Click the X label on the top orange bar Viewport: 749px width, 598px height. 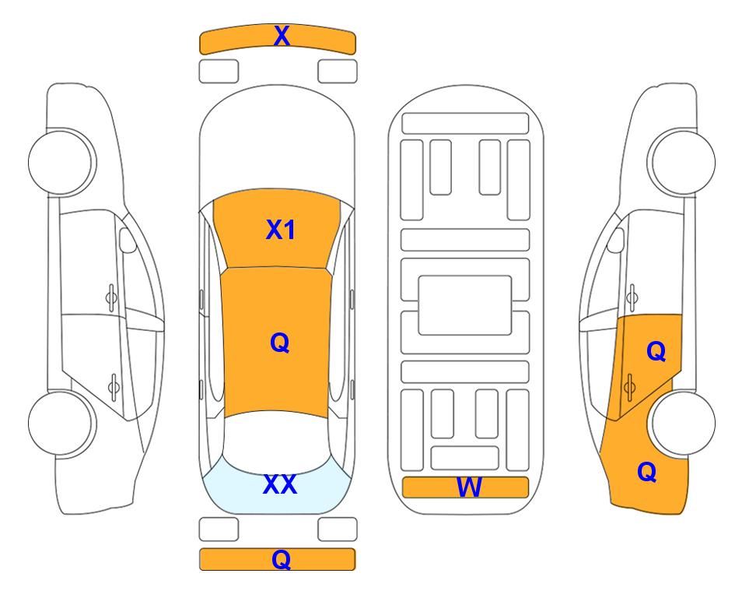coord(282,36)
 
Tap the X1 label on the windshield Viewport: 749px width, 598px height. coord(281,230)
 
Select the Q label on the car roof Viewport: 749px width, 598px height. coord(280,343)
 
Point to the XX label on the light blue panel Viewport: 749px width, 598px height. coord(280,484)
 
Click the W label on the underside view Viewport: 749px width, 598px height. coord(469,487)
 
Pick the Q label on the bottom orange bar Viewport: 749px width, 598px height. coord(282,559)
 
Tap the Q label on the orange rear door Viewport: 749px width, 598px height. coord(656,351)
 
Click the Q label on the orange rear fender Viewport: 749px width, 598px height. coord(647,472)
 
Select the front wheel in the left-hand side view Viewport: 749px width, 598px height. coord(61,162)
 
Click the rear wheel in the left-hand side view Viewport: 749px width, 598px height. coord(61,423)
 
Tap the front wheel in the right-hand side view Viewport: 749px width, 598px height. coord(683,162)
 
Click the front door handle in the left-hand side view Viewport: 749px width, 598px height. coord(111,297)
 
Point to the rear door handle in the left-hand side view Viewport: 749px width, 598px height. coord(114,386)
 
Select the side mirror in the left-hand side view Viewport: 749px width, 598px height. coord(128,240)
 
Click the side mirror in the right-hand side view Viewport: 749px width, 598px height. coord(616,240)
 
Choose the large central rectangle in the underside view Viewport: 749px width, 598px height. coord(465,305)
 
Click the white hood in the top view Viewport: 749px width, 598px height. coord(277,143)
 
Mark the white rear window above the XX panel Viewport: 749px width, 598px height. coord(276,442)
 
